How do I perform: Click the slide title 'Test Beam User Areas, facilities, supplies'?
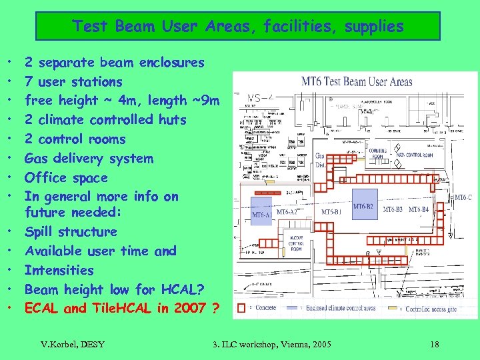tap(238, 27)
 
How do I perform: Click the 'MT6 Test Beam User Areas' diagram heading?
tap(357, 82)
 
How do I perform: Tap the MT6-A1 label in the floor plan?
tap(261, 215)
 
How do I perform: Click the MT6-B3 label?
tap(392, 210)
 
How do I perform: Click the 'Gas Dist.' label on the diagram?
tap(320, 160)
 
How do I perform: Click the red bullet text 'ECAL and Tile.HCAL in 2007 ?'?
tap(122, 308)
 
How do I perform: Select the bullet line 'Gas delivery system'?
tap(89, 158)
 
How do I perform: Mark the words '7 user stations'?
tap(73, 81)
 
